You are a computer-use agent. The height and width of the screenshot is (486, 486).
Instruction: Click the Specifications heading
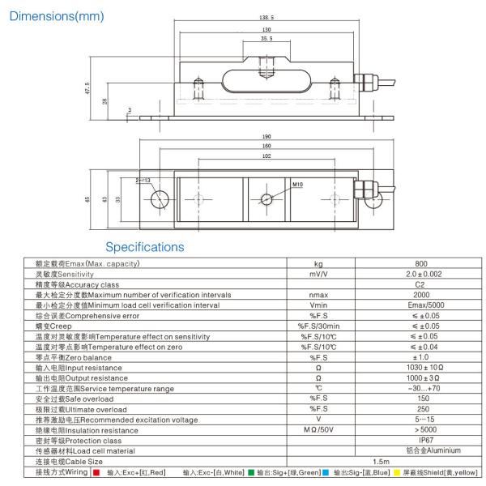pyautogui.click(x=145, y=247)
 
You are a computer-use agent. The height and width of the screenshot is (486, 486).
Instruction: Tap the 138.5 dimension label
pyautogui.click(x=266, y=16)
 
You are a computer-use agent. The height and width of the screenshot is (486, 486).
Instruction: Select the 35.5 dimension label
pyautogui.click(x=266, y=38)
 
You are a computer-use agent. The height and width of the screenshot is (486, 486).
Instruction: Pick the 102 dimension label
pyautogui.click(x=266, y=157)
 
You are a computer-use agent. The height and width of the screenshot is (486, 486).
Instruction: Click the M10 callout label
pyautogui.click(x=298, y=185)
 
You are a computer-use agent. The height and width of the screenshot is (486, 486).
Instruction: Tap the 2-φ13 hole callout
pyautogui.click(x=143, y=181)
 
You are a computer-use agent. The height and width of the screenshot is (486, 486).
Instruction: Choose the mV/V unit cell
pyautogui.click(x=318, y=275)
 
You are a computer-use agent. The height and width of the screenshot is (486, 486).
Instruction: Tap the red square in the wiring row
pyautogui.click(x=97, y=471)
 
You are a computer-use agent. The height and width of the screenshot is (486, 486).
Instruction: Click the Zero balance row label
pyautogui.click(x=74, y=357)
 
